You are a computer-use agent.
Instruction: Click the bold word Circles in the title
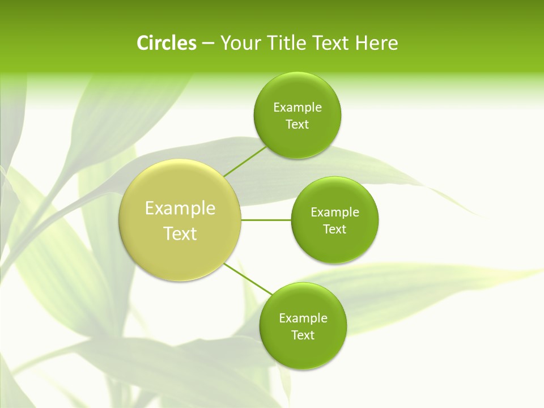[x=166, y=43]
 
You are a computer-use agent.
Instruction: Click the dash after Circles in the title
[x=207, y=44]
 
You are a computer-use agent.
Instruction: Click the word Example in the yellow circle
[x=180, y=209]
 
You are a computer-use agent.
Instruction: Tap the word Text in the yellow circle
[x=180, y=233]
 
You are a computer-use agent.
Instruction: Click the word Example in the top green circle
[x=297, y=108]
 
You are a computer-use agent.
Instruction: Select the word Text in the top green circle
[x=297, y=125]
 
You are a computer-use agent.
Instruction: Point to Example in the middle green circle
[x=335, y=212]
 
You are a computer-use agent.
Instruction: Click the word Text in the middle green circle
[x=334, y=229]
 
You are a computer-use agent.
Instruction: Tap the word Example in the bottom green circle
[x=303, y=318]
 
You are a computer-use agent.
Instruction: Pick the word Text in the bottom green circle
[x=303, y=335]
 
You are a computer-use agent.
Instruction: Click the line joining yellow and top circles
[x=244, y=161]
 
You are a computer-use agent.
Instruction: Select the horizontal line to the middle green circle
[x=266, y=220]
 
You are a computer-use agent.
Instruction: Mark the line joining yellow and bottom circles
[x=247, y=278]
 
